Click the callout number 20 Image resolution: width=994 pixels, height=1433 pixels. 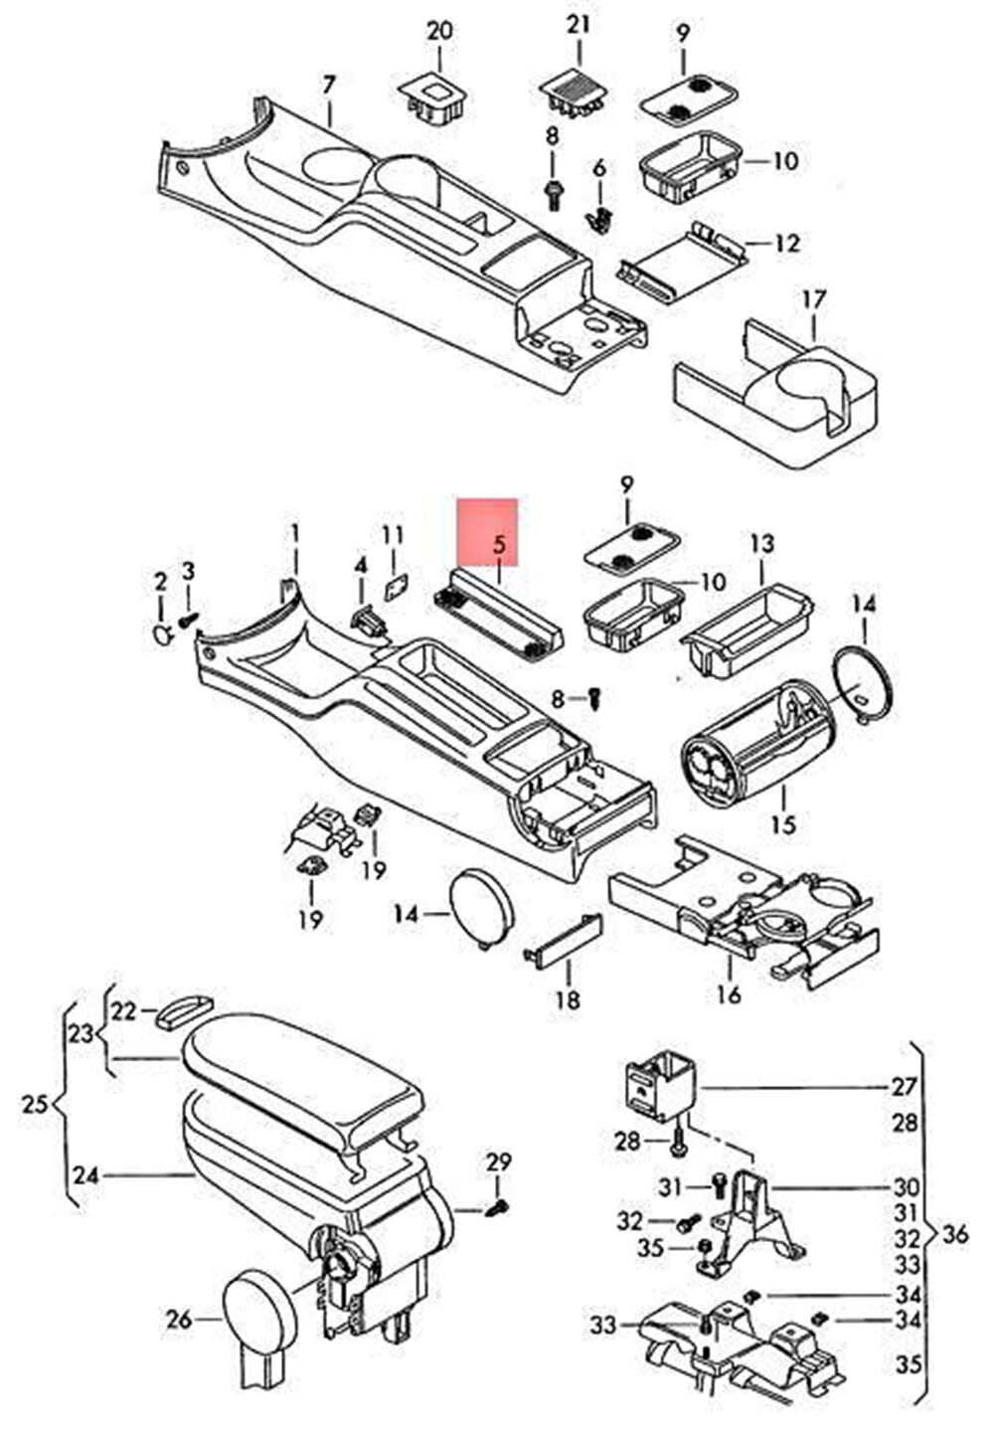click(x=440, y=32)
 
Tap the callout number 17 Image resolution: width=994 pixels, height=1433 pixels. click(x=814, y=299)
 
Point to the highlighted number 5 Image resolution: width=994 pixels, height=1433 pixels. click(x=500, y=546)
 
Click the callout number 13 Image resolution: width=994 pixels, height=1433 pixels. click(x=761, y=544)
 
